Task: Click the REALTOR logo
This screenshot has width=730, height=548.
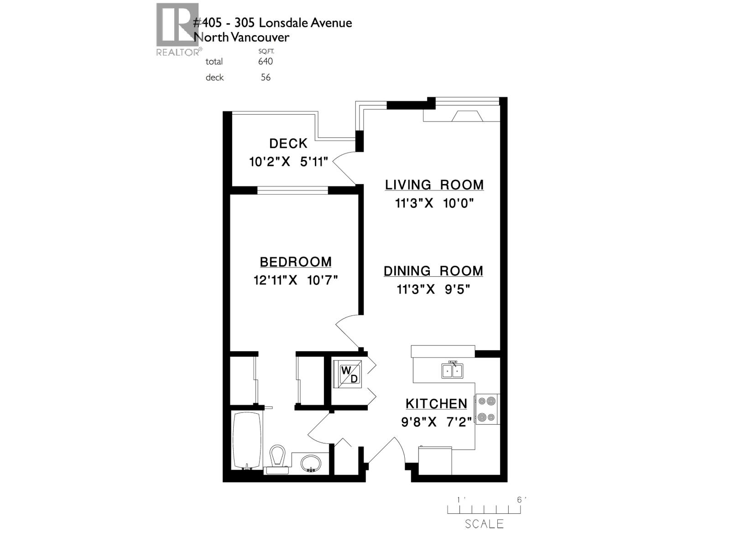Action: coord(177,29)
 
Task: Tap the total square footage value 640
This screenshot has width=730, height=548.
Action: coord(265,61)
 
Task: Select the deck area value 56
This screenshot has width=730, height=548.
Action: coord(266,78)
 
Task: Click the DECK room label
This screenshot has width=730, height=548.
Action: coord(288,143)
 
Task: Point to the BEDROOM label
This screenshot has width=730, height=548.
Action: coord(296,262)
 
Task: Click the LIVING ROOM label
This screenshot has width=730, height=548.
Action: coord(434,184)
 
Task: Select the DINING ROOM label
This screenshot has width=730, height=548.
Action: coord(433,271)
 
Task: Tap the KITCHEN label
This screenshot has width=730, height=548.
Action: coord(436,404)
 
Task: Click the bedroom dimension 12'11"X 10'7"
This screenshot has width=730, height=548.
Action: coord(296,280)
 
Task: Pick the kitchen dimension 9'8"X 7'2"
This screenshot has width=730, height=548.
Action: coord(436,422)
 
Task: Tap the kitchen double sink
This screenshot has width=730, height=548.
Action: coord(453,370)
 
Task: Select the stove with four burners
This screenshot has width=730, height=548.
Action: coord(487,409)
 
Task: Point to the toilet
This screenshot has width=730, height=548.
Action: coord(277,458)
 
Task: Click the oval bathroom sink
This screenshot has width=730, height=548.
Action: coord(311,464)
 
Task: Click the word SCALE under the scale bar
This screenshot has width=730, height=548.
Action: coord(484,524)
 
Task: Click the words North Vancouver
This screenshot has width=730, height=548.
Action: coord(241,37)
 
